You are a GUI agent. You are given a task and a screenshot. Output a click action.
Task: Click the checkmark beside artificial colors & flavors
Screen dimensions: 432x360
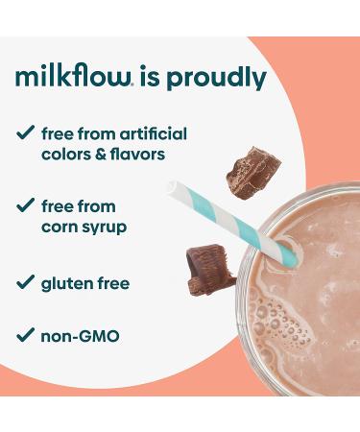click(26, 134)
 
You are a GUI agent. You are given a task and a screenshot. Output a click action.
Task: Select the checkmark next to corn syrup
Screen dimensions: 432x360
click(26, 206)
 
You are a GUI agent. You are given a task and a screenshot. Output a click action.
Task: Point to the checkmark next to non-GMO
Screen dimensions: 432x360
click(26, 337)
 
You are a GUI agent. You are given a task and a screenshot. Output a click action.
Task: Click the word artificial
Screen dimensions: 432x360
click(153, 133)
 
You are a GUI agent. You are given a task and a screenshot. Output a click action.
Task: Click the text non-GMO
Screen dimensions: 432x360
click(80, 337)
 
